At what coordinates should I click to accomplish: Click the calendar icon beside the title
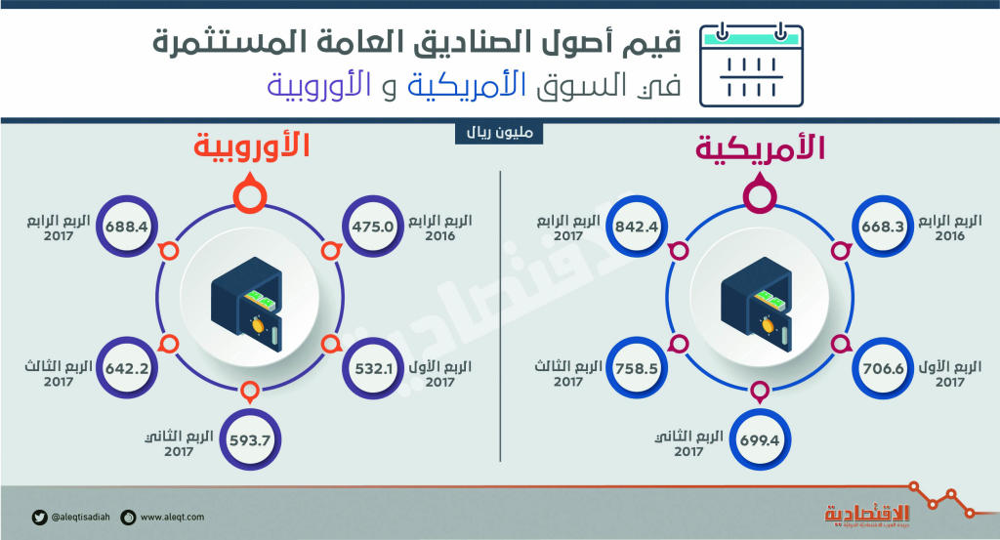click(753, 65)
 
